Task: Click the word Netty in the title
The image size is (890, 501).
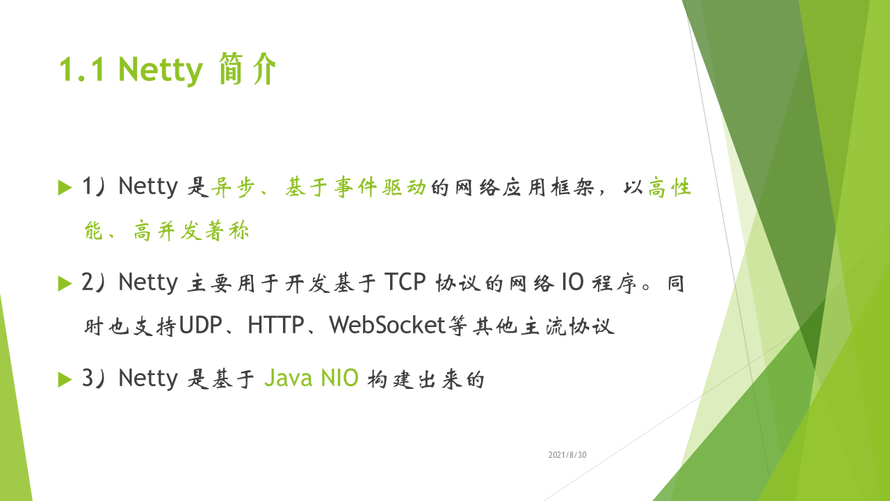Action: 161,70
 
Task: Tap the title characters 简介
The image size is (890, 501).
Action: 247,68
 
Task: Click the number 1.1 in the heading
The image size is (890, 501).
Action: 82,70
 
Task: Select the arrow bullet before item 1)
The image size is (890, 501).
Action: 65,188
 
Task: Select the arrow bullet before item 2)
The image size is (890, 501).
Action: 65,283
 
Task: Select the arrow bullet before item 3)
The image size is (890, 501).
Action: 65,379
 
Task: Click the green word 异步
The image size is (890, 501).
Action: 233,187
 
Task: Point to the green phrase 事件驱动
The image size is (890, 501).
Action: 380,187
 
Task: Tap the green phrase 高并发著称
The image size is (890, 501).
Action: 191,230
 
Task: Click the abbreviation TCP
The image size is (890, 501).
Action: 405,282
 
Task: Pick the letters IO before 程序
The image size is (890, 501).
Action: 572,282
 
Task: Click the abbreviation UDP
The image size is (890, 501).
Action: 201,325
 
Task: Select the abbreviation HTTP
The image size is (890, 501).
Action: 276,325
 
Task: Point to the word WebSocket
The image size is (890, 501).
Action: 387,325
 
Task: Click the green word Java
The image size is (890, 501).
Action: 288,378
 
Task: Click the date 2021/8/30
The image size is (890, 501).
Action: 567,455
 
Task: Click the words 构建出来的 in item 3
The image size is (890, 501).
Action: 426,379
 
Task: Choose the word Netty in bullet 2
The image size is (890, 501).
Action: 148,283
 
